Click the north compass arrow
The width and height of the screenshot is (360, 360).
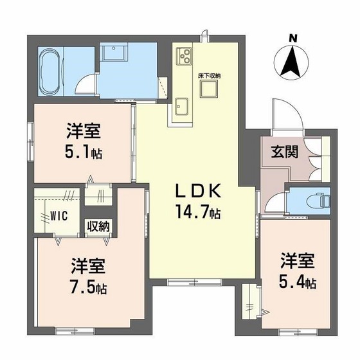tap(292, 62)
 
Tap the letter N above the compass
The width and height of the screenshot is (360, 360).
tap(292, 39)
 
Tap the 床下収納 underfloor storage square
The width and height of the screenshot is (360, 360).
tap(209, 89)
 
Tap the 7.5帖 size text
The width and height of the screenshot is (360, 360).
tap(88, 287)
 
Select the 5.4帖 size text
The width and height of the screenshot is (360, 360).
tap(297, 281)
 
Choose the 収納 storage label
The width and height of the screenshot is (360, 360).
tap(98, 226)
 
